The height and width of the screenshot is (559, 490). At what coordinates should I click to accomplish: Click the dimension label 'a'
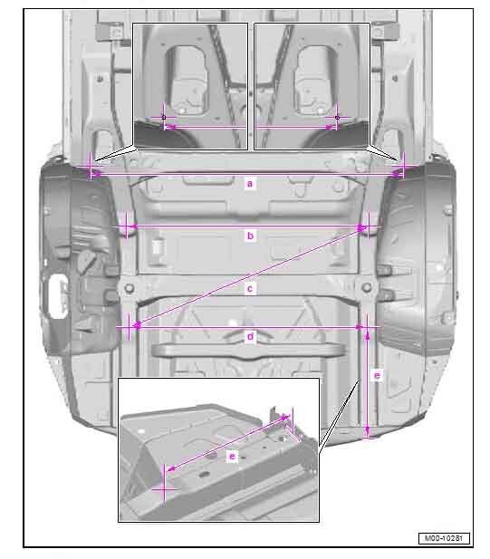click(x=250, y=184)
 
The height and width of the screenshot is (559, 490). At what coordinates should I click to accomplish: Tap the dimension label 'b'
click(x=250, y=236)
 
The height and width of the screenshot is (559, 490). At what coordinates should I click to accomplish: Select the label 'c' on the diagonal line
click(x=250, y=288)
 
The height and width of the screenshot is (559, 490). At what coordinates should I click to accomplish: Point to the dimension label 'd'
click(x=250, y=336)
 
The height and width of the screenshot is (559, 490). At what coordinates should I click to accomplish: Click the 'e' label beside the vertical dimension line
click(x=377, y=375)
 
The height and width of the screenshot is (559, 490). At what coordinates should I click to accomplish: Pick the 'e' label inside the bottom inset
click(x=233, y=456)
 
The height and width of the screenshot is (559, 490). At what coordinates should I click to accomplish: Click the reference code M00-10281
click(x=444, y=538)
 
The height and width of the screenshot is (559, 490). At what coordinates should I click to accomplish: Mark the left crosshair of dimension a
click(x=91, y=166)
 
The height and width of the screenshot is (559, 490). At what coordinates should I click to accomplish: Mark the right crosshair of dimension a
click(x=403, y=166)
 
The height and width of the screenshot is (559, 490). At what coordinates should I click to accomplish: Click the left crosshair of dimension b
click(x=127, y=226)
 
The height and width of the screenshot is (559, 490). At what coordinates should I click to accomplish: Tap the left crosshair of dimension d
click(x=129, y=326)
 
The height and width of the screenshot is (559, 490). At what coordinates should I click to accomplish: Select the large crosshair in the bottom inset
click(x=164, y=489)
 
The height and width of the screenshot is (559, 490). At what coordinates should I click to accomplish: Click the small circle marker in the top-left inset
click(x=164, y=117)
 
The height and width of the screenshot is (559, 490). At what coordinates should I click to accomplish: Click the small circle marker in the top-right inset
click(x=337, y=117)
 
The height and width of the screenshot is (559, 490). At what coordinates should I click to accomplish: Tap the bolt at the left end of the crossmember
click(x=130, y=288)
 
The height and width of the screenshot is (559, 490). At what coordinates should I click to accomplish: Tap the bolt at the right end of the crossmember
click(x=366, y=287)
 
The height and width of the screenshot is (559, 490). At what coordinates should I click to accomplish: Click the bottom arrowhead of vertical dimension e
click(x=368, y=433)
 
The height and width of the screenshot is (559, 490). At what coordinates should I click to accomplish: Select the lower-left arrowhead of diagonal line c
click(x=137, y=324)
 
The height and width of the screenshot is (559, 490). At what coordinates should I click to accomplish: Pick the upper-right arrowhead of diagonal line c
click(x=362, y=228)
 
